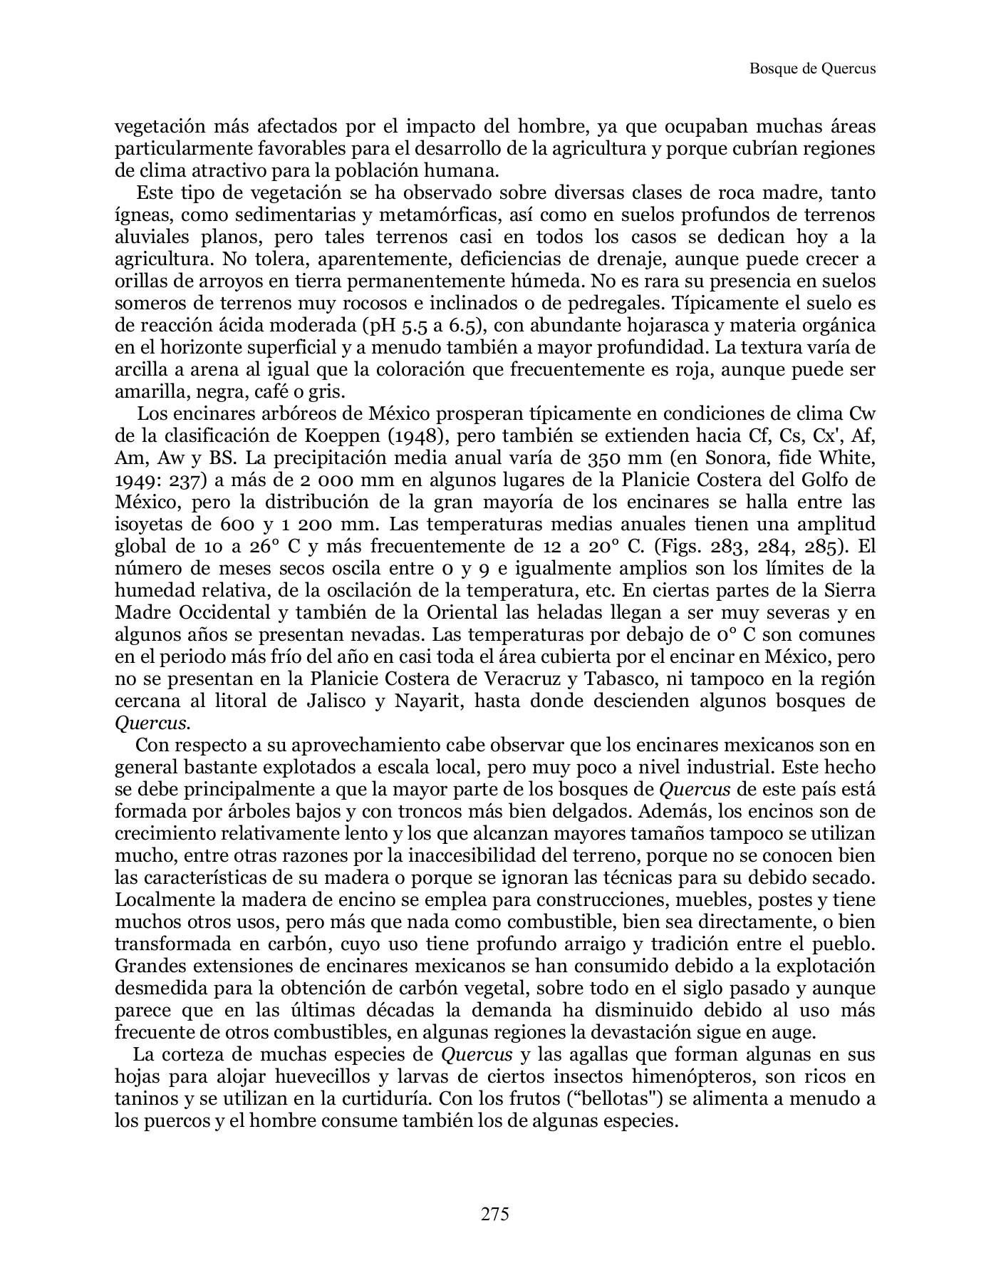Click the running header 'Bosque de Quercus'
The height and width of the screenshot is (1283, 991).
click(812, 69)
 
